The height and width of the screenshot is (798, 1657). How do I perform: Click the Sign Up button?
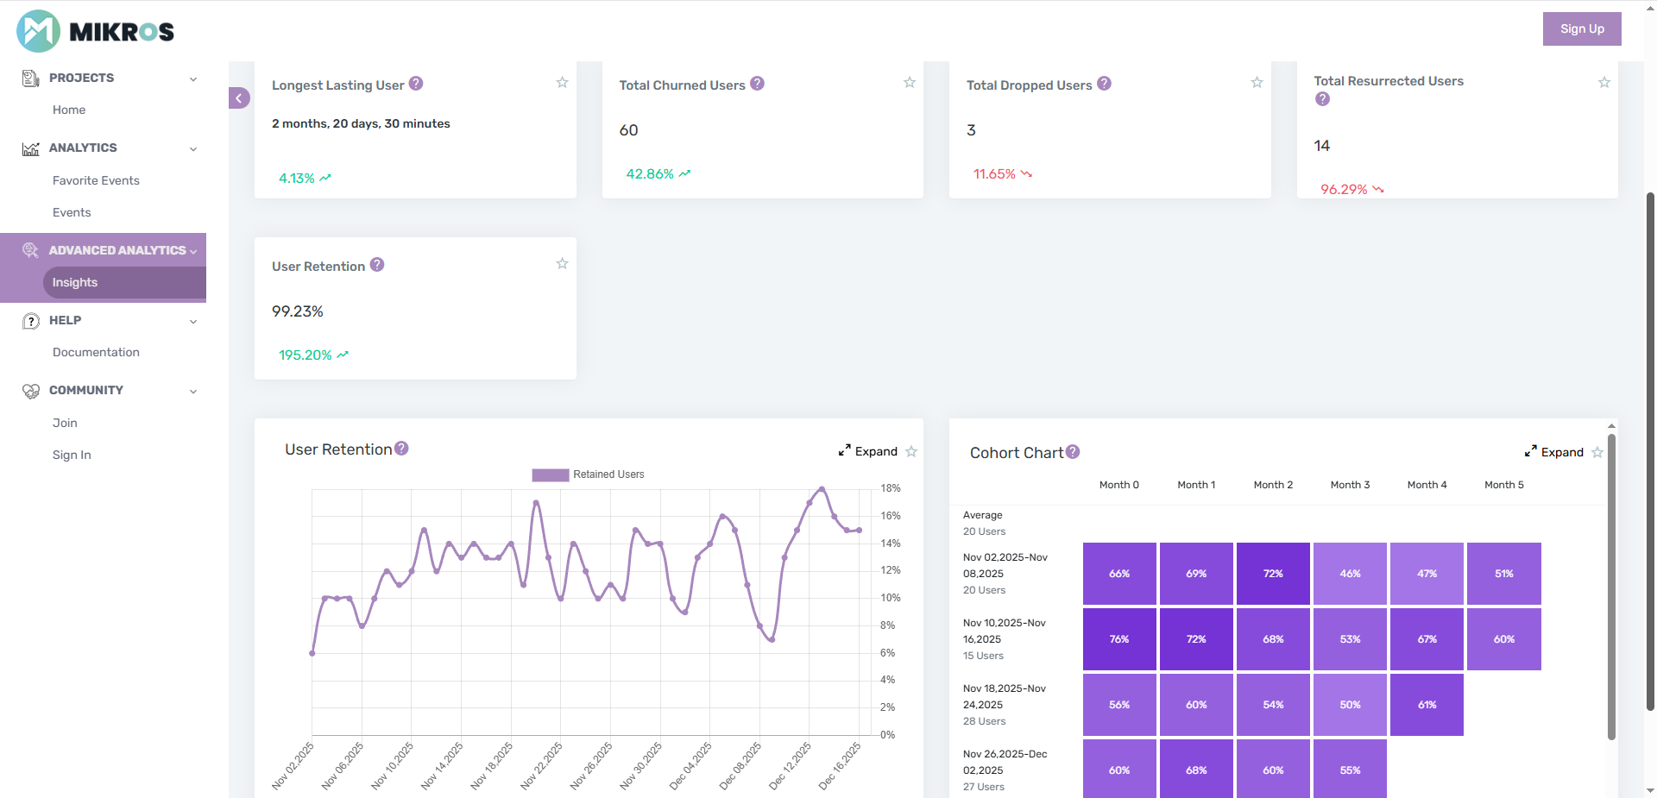pos(1581,28)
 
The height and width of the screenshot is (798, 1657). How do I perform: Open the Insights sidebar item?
pos(75,282)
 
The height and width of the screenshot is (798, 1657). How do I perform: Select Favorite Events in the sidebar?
pos(96,180)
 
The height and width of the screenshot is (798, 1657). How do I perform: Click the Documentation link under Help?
pos(96,352)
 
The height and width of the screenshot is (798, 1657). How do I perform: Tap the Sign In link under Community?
pos(72,455)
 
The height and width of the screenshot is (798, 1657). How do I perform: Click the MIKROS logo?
pos(95,31)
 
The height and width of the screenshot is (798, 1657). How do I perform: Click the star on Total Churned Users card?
pos(909,83)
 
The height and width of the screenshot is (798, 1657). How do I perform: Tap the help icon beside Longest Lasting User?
pos(416,84)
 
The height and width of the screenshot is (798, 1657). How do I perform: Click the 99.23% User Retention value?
pos(298,311)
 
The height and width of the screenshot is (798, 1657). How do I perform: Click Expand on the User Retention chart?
pos(868,451)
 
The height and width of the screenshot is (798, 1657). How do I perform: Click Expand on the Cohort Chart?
pos(1554,452)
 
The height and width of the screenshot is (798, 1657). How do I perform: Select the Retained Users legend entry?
pos(589,474)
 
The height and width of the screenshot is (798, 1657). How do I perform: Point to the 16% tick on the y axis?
pos(890,516)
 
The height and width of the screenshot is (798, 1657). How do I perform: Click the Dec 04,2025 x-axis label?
pos(691,765)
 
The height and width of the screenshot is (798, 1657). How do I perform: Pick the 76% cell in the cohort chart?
pos(1119,639)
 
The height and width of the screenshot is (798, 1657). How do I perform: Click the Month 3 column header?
pos(1350,485)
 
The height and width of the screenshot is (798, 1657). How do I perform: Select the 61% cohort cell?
pos(1427,705)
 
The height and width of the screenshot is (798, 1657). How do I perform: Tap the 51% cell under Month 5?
pos(1503,574)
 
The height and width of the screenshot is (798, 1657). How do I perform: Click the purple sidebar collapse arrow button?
pos(239,98)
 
